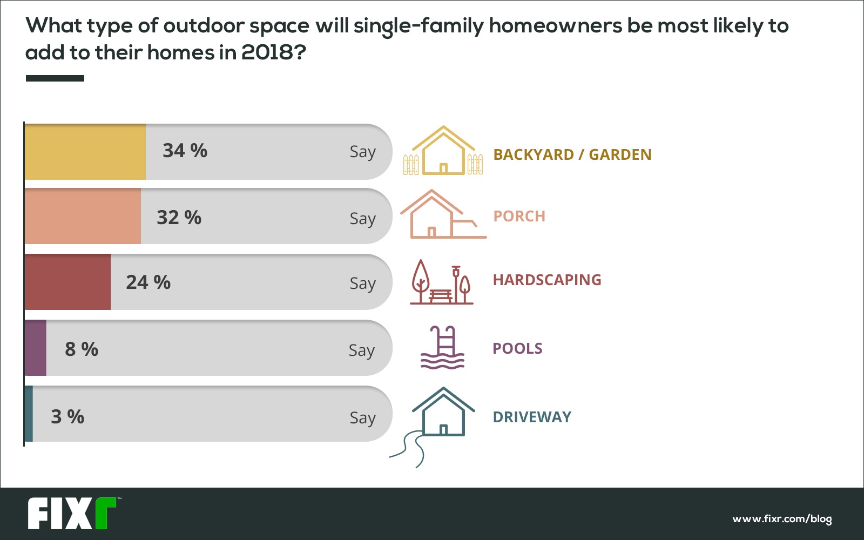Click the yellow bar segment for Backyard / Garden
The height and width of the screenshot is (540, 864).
[85, 152]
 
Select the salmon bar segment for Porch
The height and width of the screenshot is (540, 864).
[83, 216]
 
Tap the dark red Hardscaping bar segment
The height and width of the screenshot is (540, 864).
[67, 282]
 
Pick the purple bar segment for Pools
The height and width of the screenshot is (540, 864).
[36, 348]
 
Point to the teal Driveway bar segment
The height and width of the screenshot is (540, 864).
[29, 414]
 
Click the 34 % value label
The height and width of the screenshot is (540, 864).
[185, 151]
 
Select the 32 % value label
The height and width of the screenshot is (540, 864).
[179, 217]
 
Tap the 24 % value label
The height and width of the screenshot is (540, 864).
[148, 282]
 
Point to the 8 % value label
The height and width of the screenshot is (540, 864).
[82, 349]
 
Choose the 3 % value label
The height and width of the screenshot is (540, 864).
[67, 416]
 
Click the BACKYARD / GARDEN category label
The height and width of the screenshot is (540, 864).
[572, 154]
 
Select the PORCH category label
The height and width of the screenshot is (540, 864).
[519, 217]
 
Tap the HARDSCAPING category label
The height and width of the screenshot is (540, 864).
[548, 280]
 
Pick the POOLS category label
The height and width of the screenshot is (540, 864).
[518, 349]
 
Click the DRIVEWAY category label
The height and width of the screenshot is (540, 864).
[532, 417]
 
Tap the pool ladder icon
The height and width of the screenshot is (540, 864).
[442, 348]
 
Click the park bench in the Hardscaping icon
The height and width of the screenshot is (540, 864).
[440, 296]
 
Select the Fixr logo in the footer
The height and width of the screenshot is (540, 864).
[72, 513]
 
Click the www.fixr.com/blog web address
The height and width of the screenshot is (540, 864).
[782, 519]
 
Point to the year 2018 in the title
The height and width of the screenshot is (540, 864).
[267, 52]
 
